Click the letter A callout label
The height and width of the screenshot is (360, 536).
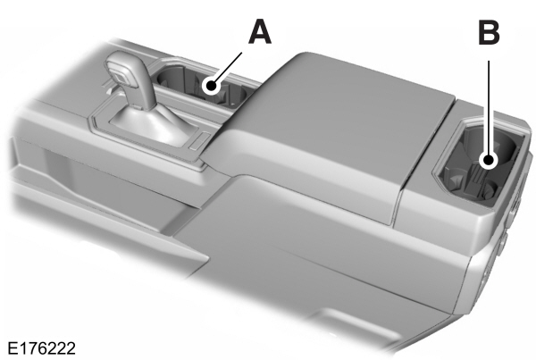258,32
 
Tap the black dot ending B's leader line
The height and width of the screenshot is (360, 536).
489,162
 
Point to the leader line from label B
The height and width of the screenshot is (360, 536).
489,107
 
